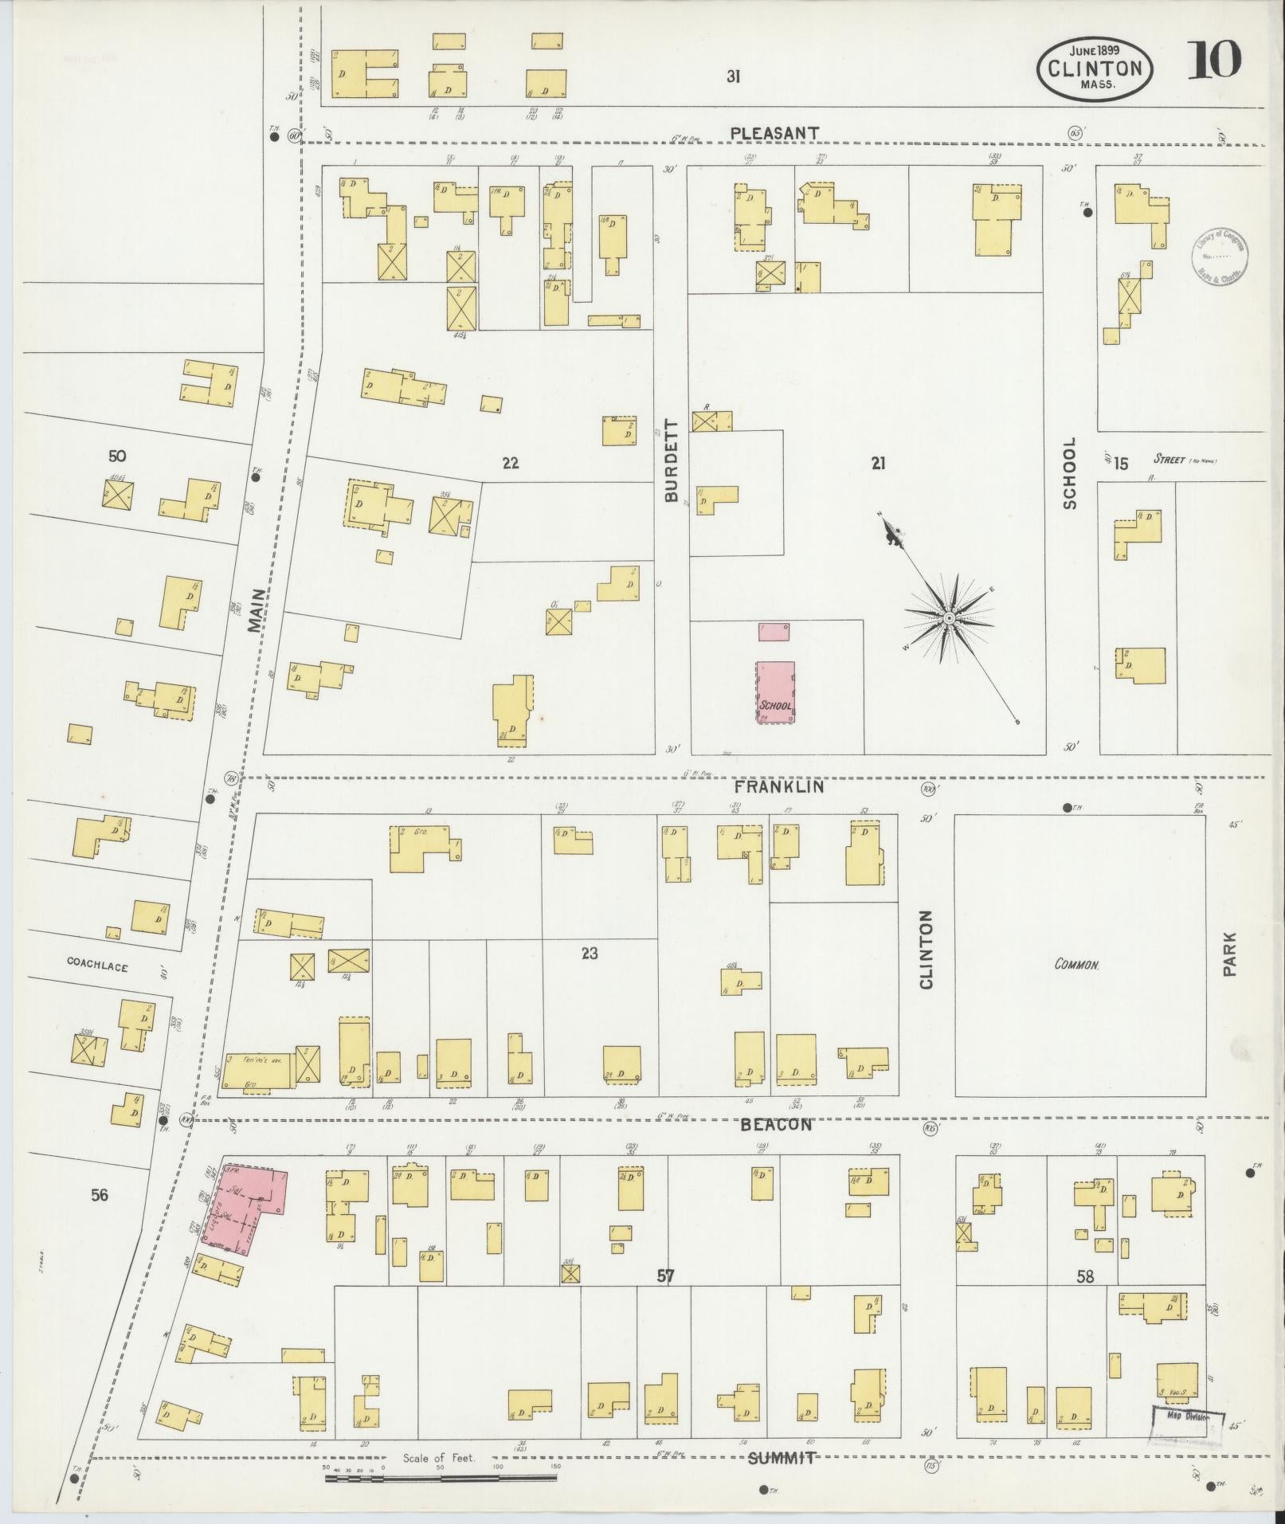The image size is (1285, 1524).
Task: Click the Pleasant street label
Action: (x=774, y=133)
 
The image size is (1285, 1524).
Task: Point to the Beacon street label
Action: (x=776, y=1125)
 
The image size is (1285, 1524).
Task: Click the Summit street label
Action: (x=782, y=1458)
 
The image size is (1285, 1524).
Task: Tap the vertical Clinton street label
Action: (x=925, y=949)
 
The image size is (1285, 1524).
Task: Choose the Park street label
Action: (x=1229, y=954)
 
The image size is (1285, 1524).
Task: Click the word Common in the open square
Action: (x=1077, y=964)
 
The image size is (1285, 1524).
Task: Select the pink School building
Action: (x=775, y=692)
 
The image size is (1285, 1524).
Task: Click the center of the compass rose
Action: (x=949, y=618)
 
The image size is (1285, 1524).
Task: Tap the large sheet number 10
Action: (x=1213, y=61)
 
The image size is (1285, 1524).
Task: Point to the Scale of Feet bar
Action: (x=440, y=1479)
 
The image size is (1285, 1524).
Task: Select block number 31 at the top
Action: (x=733, y=76)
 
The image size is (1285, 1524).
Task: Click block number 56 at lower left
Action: (x=99, y=1195)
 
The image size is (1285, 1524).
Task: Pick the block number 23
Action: (x=589, y=954)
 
